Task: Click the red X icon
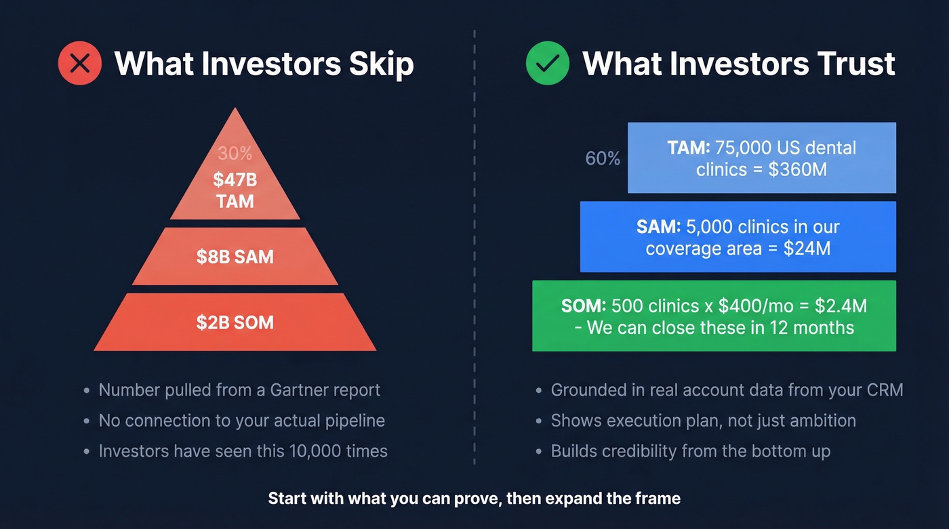click(x=80, y=64)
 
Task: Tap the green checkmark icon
click(x=548, y=64)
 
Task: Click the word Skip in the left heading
click(x=380, y=64)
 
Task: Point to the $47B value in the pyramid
click(x=235, y=179)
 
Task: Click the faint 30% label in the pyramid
click(x=235, y=154)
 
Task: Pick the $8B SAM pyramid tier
click(x=235, y=257)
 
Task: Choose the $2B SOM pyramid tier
click(x=235, y=322)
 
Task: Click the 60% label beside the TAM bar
click(x=603, y=158)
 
